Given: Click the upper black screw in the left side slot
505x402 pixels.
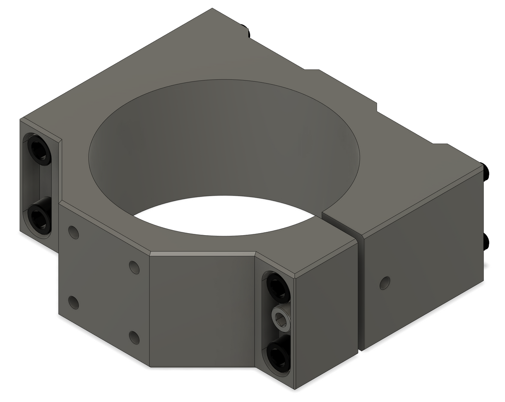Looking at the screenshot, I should point(39,150).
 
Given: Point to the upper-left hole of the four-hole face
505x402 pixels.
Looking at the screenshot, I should point(74,232).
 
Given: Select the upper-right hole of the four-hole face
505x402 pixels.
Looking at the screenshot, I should point(134,267).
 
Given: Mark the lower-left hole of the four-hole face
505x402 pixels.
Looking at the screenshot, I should point(74,302).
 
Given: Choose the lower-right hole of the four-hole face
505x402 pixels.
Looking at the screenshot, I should point(134,337).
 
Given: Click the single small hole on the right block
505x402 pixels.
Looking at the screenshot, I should point(385,283).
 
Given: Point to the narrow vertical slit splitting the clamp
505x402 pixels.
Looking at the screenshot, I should point(360,294).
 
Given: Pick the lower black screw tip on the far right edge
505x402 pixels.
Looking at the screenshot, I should point(486,242).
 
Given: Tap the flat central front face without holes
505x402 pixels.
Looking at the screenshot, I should point(202,311).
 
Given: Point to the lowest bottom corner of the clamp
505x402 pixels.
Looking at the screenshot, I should point(294,389).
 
